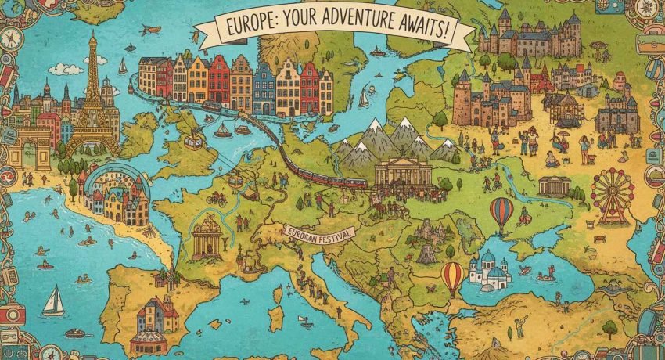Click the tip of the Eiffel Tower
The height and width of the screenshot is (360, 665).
92,33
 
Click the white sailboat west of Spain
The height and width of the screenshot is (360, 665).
52,299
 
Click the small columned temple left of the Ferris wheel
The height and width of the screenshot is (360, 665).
554,185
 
